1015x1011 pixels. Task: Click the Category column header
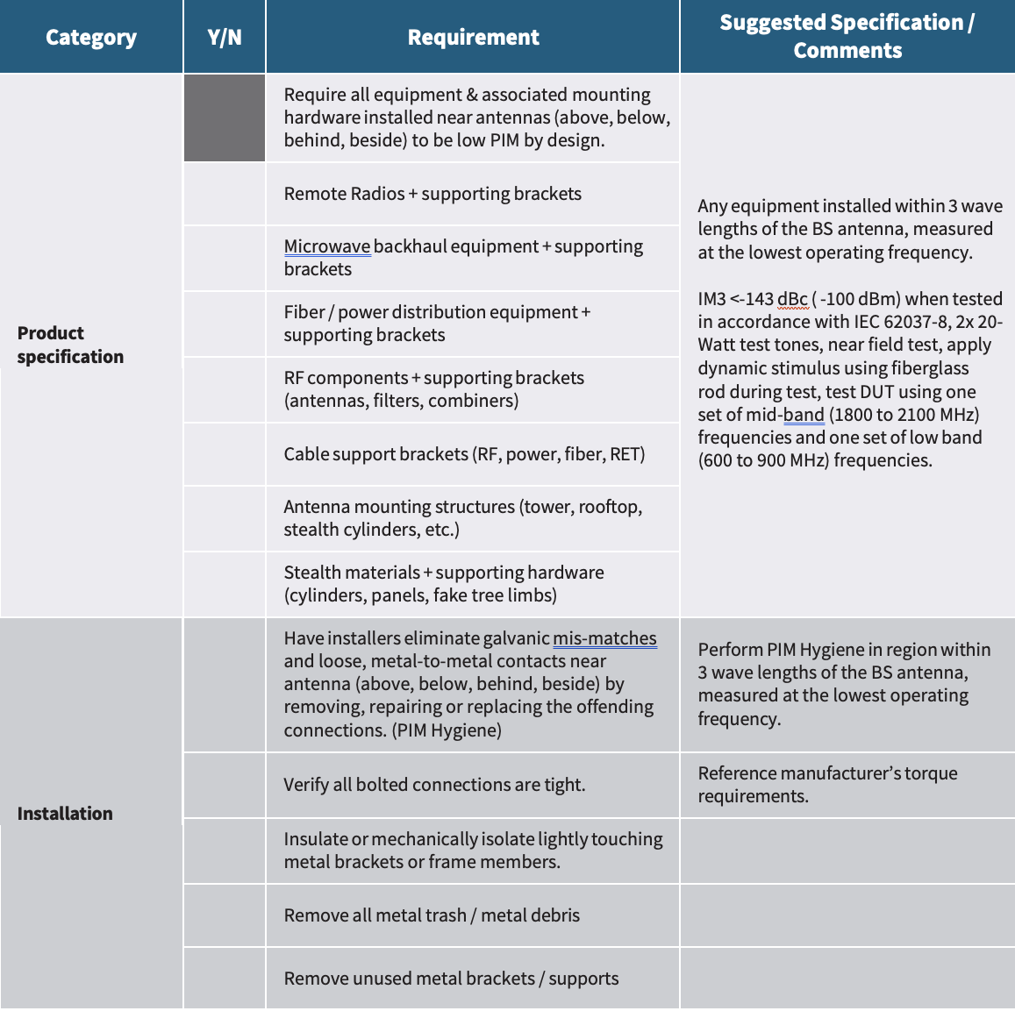pos(91,38)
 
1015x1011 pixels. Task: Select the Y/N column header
pos(225,38)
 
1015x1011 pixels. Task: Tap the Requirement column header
pos(473,38)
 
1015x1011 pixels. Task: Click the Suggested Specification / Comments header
pos(847,37)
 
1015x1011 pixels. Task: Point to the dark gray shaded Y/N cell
pos(225,118)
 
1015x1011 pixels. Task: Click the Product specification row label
pos(70,345)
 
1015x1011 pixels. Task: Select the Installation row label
pos(65,813)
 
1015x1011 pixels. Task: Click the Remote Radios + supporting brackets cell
pos(432,194)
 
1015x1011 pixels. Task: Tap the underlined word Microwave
pos(326,247)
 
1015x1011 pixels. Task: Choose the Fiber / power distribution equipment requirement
pos(437,324)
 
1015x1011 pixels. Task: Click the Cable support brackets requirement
pos(464,454)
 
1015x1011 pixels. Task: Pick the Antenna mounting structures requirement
pos(463,518)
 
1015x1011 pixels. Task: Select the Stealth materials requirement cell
pos(444,584)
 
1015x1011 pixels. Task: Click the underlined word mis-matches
pos(604,638)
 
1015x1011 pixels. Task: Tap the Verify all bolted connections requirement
pos(434,785)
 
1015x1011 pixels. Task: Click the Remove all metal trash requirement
pos(432,915)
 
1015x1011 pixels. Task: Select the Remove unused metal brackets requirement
pos(451,979)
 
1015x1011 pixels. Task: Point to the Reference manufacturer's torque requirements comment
pos(827,785)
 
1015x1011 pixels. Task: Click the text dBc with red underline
pos(792,299)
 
